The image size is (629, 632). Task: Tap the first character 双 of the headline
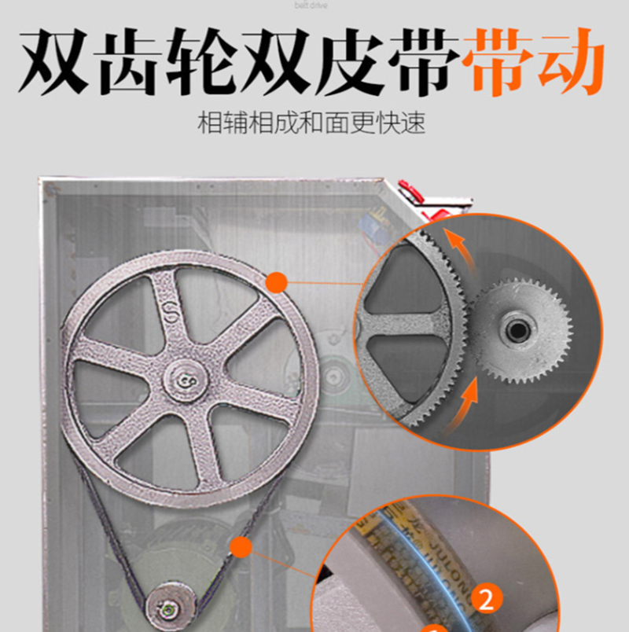coord(54,61)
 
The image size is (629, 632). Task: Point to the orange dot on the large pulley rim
coord(277,282)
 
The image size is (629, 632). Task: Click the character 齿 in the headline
coord(149,61)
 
